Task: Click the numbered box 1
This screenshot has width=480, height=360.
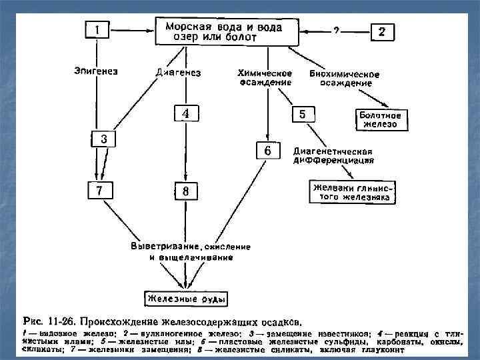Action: pyautogui.click(x=97, y=30)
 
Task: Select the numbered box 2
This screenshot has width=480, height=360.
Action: pyautogui.click(x=381, y=31)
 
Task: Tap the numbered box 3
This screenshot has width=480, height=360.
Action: pyautogui.click(x=103, y=139)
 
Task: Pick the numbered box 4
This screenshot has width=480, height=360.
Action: pyautogui.click(x=186, y=114)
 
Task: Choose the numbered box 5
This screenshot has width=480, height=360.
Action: pyautogui.click(x=302, y=114)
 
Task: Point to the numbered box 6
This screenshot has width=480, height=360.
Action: pyautogui.click(x=267, y=151)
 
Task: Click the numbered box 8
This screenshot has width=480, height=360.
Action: pyautogui.click(x=186, y=191)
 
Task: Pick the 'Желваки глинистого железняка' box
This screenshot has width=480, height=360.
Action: pyautogui.click(x=354, y=192)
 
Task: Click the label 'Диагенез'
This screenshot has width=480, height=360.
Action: pyautogui.click(x=178, y=71)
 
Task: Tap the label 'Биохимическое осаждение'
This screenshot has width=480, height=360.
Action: pyautogui.click(x=345, y=78)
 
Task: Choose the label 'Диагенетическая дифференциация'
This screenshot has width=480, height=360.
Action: pyautogui.click(x=333, y=155)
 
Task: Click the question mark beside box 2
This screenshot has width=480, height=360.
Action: pyautogui.click(x=336, y=31)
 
